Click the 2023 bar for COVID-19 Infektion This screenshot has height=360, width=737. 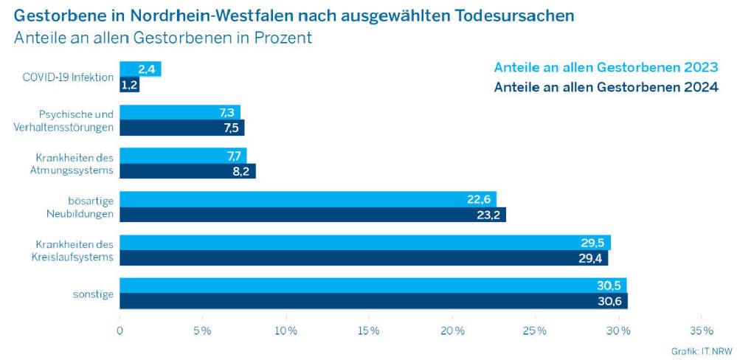[x=140, y=69]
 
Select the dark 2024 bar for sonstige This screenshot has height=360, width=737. [x=373, y=301]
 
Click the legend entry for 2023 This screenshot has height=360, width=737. [x=605, y=67]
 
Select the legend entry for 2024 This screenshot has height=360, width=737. [x=605, y=88]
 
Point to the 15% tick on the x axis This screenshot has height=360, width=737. [x=369, y=330]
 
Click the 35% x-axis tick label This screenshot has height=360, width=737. [x=701, y=330]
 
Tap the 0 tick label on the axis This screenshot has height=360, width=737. [x=120, y=330]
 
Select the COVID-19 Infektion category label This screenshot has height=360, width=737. [x=68, y=77]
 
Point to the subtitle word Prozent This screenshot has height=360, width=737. [x=283, y=38]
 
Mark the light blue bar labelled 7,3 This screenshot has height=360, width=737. [x=180, y=112]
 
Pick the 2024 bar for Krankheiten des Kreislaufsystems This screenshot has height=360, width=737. [x=364, y=258]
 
